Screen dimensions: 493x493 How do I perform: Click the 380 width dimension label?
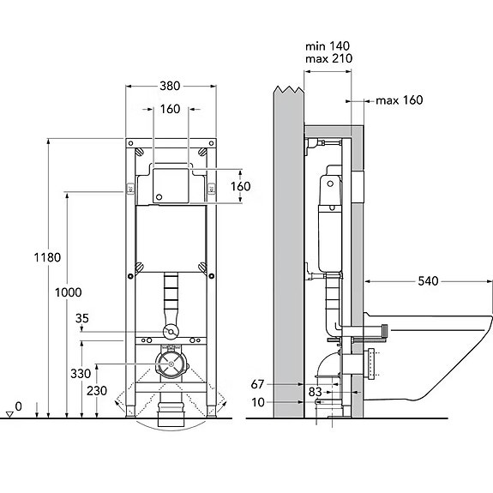pos(170,86)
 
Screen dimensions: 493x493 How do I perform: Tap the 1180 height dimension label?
pos(47,257)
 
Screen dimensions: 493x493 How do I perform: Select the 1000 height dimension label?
pos(69,292)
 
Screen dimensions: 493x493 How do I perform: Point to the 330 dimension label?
pos(81,374)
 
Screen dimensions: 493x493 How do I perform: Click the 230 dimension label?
pos(97,391)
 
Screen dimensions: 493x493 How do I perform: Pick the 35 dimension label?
pos(82,318)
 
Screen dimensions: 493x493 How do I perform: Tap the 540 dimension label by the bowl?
pos(428,281)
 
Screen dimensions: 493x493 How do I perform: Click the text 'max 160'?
pos(400,100)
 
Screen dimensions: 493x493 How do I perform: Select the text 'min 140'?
pos(328,46)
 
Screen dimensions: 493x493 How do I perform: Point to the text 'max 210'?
pos(329,58)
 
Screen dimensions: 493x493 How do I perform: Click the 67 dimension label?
pos(257,384)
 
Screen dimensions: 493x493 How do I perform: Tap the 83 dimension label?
pos(315,392)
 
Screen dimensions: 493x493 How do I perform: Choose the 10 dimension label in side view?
pos(258,402)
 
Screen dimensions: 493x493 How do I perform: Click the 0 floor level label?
pos(19,406)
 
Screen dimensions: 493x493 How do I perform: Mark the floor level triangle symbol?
pos(9,415)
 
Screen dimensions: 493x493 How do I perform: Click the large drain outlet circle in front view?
pos(170,364)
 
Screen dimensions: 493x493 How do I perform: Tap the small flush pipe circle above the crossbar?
pos(171,332)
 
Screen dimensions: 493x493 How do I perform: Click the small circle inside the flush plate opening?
pos(159,197)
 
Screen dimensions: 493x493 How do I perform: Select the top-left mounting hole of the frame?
pos(131,143)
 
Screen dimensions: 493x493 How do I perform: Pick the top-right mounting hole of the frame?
pos(211,143)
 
